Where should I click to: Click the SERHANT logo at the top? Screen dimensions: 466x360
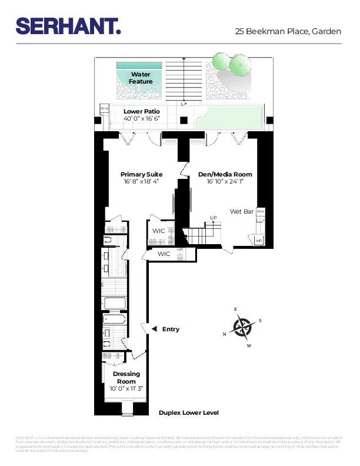[68, 26]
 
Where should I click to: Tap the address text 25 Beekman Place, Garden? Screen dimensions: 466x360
[288, 32]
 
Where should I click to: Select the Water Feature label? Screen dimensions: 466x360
[141, 78]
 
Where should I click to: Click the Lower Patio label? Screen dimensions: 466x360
[142, 111]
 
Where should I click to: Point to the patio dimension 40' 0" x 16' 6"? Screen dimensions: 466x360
[142, 119]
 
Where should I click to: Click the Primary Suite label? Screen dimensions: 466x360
[142, 174]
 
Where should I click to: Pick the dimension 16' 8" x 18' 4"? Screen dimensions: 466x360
[142, 182]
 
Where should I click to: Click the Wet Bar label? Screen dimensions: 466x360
[241, 211]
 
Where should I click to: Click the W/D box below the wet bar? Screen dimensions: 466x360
[259, 240]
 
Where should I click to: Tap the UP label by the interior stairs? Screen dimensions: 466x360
[214, 218]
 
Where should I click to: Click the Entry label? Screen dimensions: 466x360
[171, 329]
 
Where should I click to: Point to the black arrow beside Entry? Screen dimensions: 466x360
[154, 329]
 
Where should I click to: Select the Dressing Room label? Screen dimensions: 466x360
[126, 378]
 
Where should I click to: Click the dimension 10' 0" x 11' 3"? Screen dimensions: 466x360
[126, 388]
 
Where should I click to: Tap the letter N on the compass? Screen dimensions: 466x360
[224, 334]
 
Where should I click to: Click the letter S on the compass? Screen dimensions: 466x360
[260, 321]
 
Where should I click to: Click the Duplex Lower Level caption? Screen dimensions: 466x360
[188, 413]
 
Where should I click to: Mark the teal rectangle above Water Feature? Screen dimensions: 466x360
[139, 65]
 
